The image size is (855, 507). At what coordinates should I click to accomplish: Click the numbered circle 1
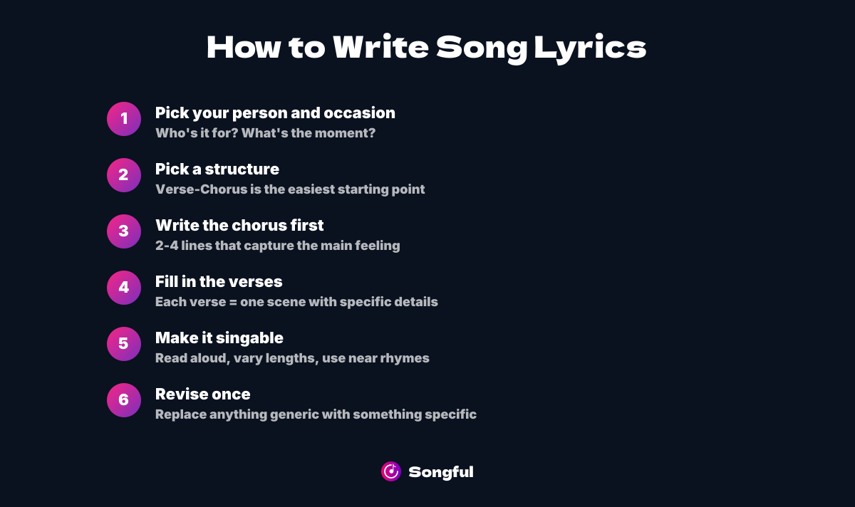coord(124,119)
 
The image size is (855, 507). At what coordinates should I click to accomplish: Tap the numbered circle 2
coord(124,175)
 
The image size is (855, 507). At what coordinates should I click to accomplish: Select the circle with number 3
coord(124,231)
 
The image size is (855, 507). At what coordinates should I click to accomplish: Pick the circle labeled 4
coord(124,288)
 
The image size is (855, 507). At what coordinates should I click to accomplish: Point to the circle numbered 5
coord(124,344)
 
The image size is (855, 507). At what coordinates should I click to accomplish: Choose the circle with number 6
coord(124,400)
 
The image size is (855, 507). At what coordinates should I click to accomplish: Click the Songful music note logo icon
coord(391,471)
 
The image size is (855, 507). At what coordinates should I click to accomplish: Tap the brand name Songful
coord(441,472)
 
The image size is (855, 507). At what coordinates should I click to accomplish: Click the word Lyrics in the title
coord(590,48)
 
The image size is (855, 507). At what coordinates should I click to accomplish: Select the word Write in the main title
coord(380,46)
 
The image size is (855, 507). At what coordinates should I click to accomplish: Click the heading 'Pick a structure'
coord(217,169)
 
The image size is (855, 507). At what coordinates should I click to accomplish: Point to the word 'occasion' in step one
coord(360,113)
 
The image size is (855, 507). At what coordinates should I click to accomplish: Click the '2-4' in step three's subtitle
coord(167,245)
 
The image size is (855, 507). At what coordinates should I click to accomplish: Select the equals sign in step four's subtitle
coord(233,302)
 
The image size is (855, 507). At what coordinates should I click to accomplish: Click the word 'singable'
coord(249,338)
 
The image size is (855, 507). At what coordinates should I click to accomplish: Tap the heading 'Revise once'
coord(202,394)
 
